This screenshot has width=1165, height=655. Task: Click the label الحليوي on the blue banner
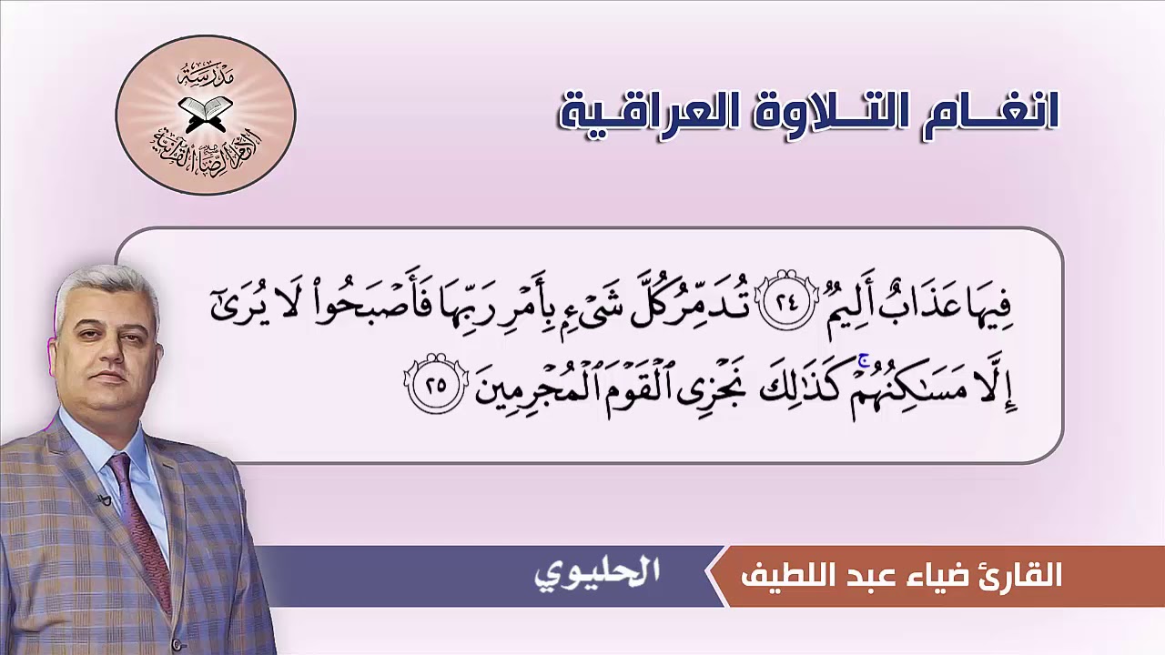(x=596, y=574)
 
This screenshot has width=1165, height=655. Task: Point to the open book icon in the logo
(x=206, y=113)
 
